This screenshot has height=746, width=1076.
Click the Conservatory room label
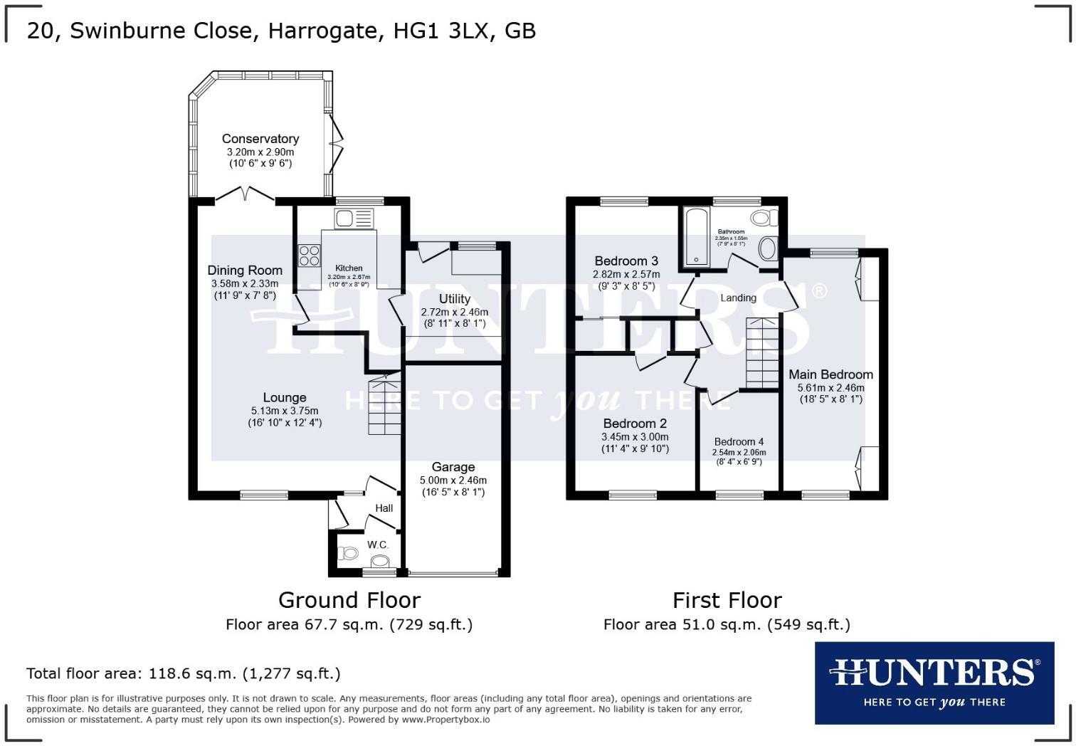click(x=260, y=139)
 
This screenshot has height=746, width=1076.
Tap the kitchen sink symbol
click(x=354, y=217)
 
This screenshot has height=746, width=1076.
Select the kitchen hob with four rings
click(x=309, y=255)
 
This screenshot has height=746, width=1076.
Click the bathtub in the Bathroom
click(x=695, y=237)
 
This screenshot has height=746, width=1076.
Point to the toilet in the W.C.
click(x=348, y=552)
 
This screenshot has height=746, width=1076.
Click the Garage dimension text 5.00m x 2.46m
click(x=453, y=480)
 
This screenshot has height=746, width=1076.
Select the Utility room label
click(x=454, y=299)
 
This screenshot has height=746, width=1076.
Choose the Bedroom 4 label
click(x=739, y=441)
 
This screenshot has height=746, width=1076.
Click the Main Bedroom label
click(x=830, y=374)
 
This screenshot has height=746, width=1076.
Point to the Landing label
click(x=738, y=298)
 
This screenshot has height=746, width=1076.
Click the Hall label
click(x=384, y=508)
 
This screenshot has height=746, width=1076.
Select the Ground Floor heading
click(x=349, y=600)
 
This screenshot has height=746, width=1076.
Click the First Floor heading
click(x=727, y=600)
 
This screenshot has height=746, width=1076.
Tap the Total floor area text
click(x=183, y=673)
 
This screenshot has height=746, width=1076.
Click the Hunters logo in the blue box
click(x=934, y=673)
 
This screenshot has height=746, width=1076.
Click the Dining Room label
click(x=245, y=270)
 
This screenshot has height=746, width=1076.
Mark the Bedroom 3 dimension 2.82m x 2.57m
click(x=626, y=274)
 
